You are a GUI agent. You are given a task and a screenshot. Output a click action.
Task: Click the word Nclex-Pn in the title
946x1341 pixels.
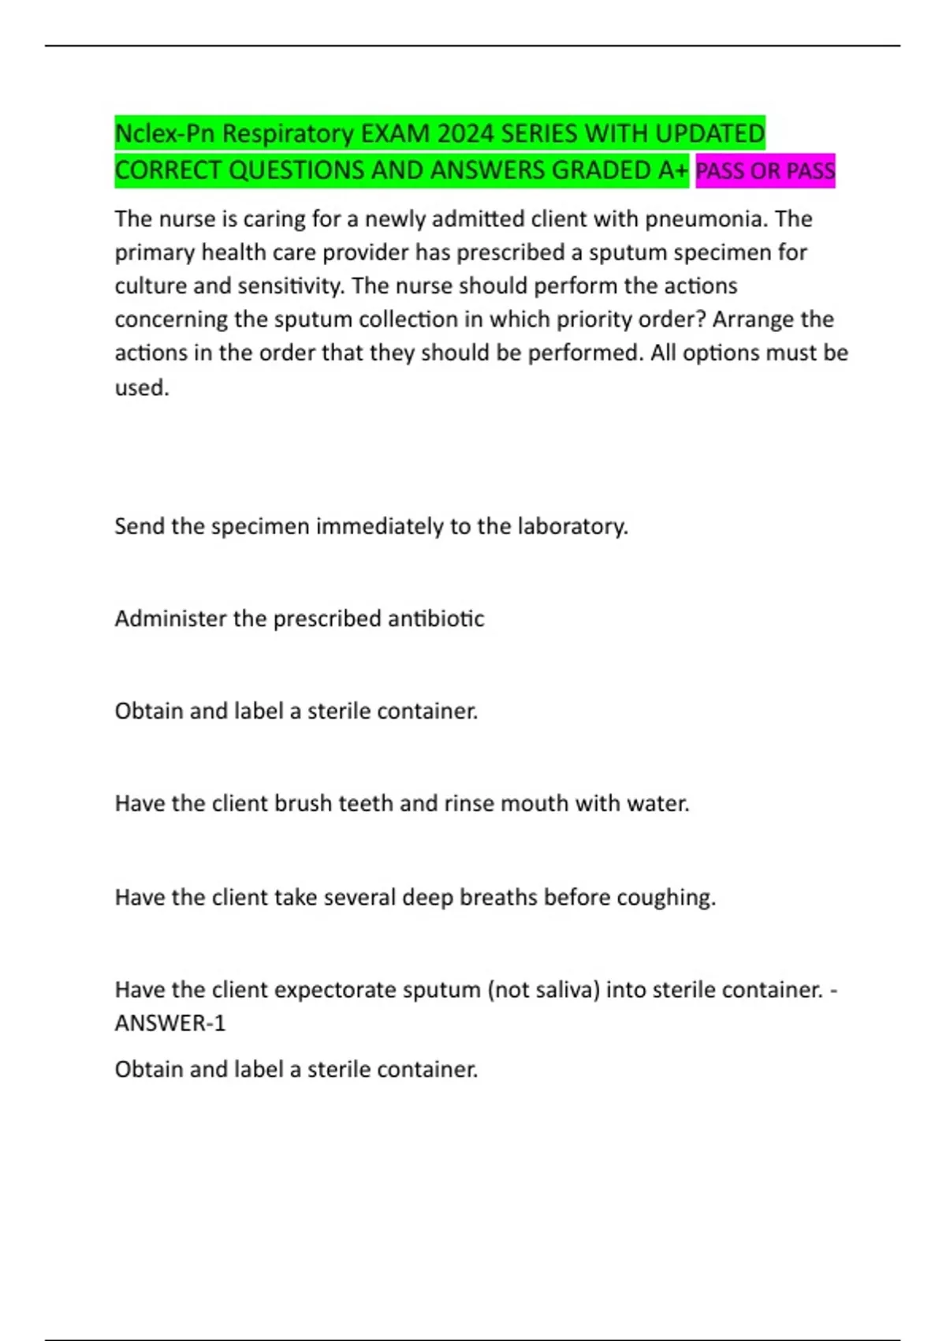pyautogui.click(x=164, y=133)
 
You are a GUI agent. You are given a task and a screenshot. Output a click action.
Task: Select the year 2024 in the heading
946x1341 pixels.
pyautogui.click(x=465, y=133)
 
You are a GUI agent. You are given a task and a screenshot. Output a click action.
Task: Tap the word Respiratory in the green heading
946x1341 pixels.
pyautogui.click(x=288, y=133)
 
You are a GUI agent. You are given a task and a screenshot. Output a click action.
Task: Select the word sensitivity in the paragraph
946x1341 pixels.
pyautogui.click(x=298, y=286)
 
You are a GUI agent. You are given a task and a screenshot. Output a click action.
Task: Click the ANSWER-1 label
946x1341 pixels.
pyautogui.click(x=170, y=1023)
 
